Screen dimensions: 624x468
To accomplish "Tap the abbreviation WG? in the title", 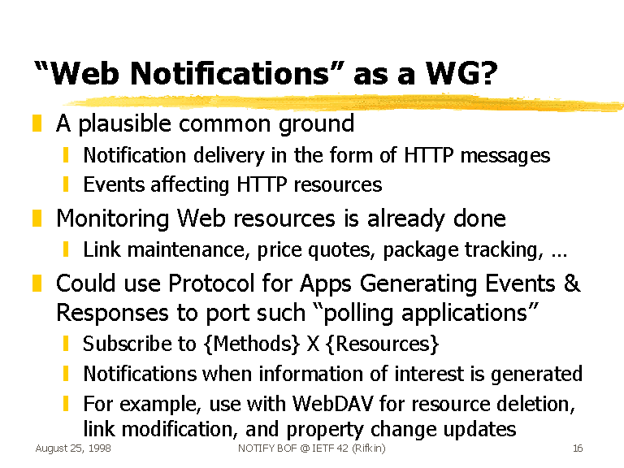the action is pyautogui.click(x=461, y=74).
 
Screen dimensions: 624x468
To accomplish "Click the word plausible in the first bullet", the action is pyautogui.click(x=125, y=123).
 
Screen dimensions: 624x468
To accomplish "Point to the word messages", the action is pyautogui.click(x=505, y=156).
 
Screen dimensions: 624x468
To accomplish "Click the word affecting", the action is pyautogui.click(x=190, y=185).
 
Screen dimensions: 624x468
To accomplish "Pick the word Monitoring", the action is pyautogui.click(x=113, y=219).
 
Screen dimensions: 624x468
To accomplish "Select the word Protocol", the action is pyautogui.click(x=211, y=284).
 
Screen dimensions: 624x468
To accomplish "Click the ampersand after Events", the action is pyautogui.click(x=572, y=283).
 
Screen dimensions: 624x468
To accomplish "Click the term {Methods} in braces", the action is pyautogui.click(x=252, y=344).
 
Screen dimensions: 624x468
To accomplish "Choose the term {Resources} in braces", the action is pyautogui.click(x=382, y=344).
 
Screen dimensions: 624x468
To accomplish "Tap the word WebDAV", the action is pyautogui.click(x=332, y=404).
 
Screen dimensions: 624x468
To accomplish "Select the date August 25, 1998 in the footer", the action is pyautogui.click(x=73, y=448).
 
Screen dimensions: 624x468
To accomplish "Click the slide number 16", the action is pyautogui.click(x=578, y=448).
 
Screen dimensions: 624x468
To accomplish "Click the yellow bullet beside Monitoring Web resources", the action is pyautogui.click(x=37, y=219).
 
